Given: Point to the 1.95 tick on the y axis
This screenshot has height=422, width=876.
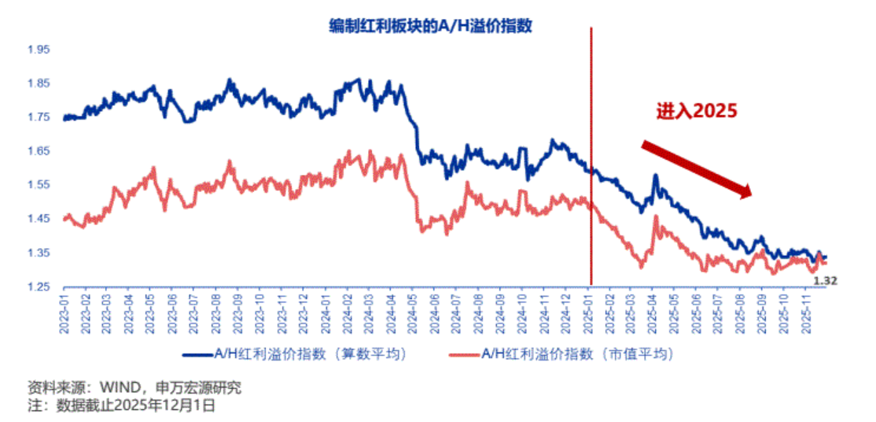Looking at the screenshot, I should click(39, 50).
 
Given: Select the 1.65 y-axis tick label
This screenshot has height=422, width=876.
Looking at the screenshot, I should click(39, 151).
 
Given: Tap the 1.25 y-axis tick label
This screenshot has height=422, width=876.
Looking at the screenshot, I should click(39, 287).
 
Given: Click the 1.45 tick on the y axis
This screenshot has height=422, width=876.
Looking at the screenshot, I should click(39, 219).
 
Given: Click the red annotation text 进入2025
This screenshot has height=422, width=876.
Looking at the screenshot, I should click(697, 111).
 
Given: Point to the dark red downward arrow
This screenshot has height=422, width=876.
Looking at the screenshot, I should click(696, 168).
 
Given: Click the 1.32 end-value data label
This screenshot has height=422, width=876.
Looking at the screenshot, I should click(823, 280).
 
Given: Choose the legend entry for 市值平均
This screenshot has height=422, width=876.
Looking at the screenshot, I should click(578, 354).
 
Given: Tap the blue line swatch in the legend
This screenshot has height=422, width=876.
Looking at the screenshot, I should click(197, 354).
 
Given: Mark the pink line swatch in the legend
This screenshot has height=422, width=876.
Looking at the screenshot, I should click(462, 354).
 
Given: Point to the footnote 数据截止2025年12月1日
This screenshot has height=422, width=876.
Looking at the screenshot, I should click(134, 406).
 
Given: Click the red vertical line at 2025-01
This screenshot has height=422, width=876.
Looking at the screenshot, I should click(591, 157).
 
